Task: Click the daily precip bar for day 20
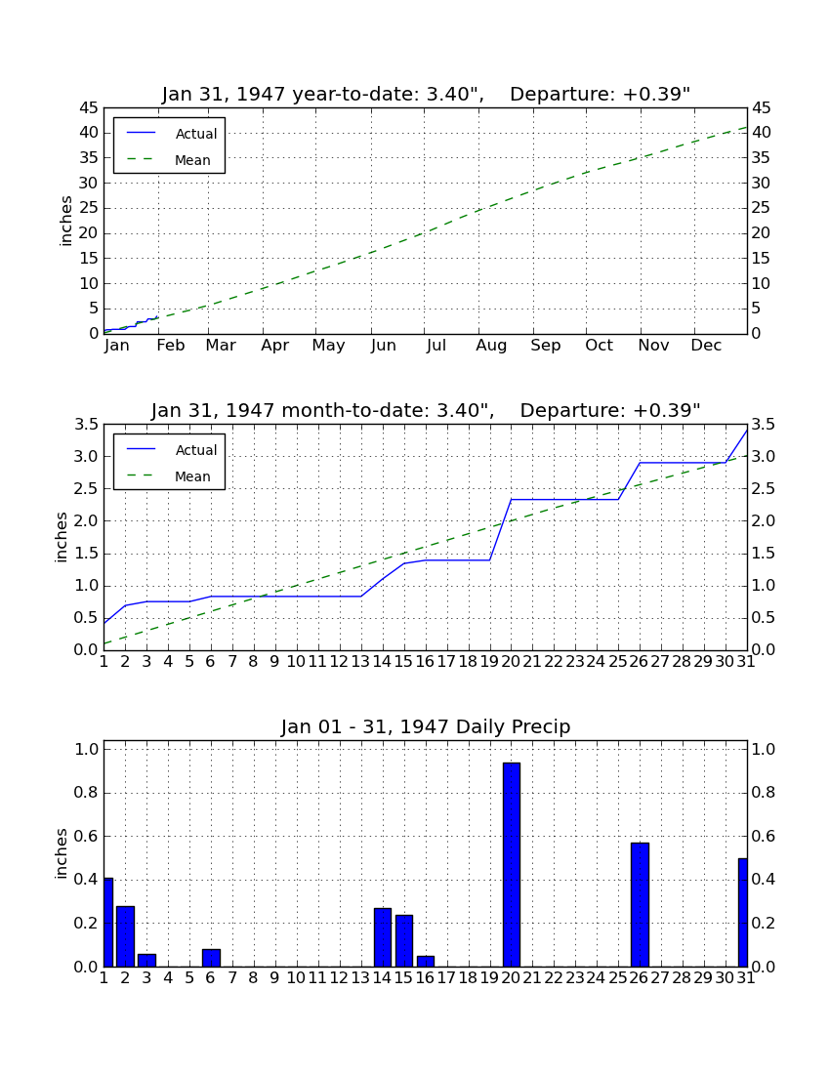pos(512,864)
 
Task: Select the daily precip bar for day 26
pos(640,905)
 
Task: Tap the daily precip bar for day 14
pos(383,937)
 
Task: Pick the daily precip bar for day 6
pos(212,958)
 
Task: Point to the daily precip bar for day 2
pos(126,936)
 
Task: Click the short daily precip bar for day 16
pos(426,961)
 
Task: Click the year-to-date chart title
pos(426,94)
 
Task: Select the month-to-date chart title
pos(426,410)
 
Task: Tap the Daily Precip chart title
pos(426,726)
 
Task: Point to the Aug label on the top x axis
pos(492,346)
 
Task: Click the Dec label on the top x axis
pos(706,346)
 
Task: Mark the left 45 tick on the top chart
pos(89,108)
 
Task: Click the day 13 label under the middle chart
pos(361,662)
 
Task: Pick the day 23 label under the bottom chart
pos(575,978)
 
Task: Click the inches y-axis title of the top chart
pos(65,221)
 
